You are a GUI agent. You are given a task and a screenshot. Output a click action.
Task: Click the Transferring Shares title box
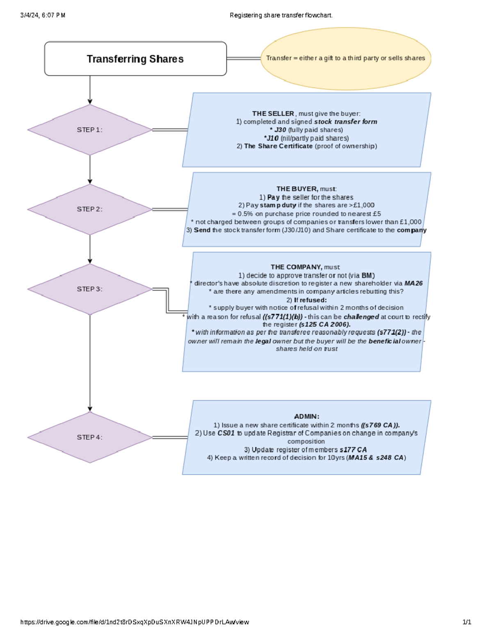pyautogui.click(x=135, y=59)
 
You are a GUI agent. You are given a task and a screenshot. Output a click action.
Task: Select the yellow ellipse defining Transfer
pyautogui.click(x=345, y=58)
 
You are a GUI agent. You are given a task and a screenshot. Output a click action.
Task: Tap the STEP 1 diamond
pyautogui.click(x=89, y=130)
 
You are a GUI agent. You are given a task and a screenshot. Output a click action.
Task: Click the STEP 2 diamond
pyautogui.click(x=89, y=209)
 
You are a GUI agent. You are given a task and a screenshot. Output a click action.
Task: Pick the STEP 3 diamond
pyautogui.click(x=89, y=289)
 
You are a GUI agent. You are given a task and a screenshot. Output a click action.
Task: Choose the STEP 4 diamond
pyautogui.click(x=89, y=437)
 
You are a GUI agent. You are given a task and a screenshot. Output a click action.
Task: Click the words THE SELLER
pyautogui.click(x=273, y=114)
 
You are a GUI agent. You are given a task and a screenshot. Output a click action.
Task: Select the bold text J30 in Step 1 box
pyautogui.click(x=280, y=130)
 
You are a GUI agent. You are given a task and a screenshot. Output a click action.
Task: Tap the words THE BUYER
pyautogui.click(x=297, y=189)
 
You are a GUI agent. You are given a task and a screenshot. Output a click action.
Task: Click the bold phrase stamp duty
pyautogui.click(x=278, y=205)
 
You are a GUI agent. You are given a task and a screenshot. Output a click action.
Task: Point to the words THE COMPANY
pyautogui.click(x=296, y=267)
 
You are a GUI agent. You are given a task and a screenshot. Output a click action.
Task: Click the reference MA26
pyautogui.click(x=413, y=283)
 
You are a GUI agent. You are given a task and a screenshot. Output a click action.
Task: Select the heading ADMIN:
pyautogui.click(x=307, y=417)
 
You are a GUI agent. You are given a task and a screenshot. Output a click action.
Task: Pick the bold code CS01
pyautogui.click(x=226, y=433)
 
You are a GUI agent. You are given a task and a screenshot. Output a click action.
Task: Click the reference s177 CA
pyautogui.click(x=353, y=450)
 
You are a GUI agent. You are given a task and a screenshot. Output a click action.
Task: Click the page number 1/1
pyautogui.click(x=467, y=622)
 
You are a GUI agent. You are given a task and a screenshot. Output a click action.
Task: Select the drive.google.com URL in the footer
pyautogui.click(x=134, y=622)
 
